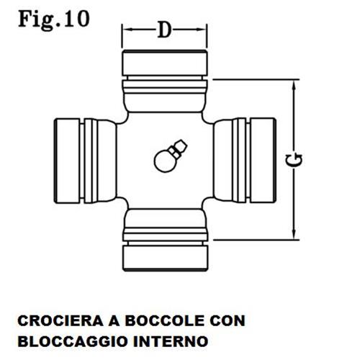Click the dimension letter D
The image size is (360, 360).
[x=165, y=30]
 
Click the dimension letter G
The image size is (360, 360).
[x=294, y=161]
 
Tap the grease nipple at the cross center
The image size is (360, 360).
[x=170, y=156]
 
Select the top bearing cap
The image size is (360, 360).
[x=165, y=63]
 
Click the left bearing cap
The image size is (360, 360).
[x=67, y=161]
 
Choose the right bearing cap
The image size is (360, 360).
[x=263, y=161]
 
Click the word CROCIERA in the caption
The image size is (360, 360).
[x=60, y=321]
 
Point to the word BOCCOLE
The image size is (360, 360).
[x=164, y=321]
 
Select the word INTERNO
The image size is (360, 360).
[x=171, y=341]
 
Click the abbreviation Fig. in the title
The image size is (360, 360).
[x=39, y=20]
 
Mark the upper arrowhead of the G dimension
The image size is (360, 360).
[x=294, y=87]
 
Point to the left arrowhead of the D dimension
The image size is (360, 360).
[x=127, y=30]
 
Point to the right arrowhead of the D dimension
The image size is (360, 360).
[x=201, y=30]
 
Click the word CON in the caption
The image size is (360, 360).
[x=228, y=321]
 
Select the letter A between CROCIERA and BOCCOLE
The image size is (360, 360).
[x=114, y=321]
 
